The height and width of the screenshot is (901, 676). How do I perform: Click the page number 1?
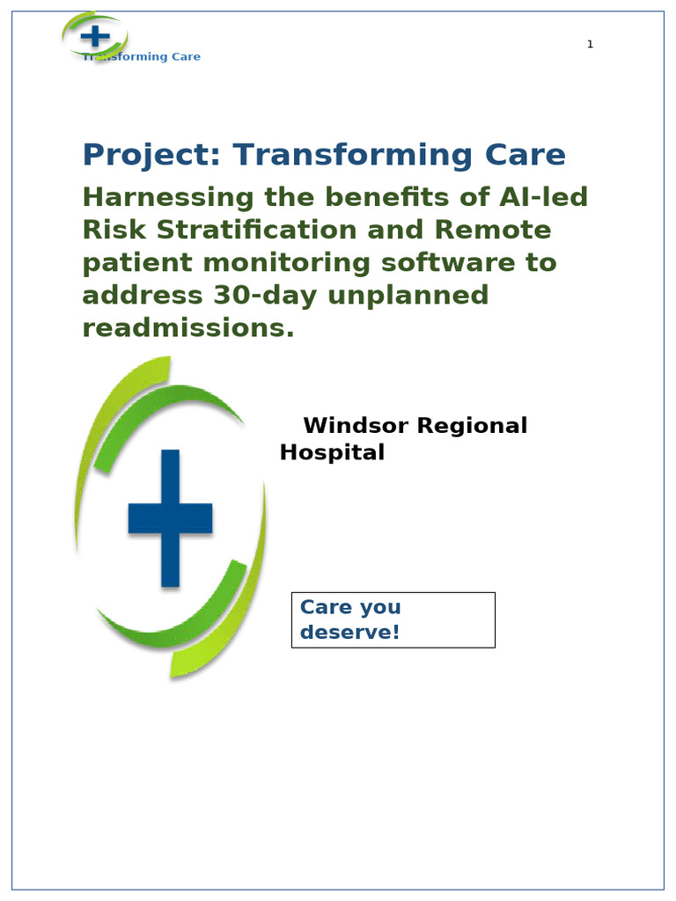point(590,44)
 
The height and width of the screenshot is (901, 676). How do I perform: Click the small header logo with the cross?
point(95,36)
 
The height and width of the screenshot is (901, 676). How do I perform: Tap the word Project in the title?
point(151,155)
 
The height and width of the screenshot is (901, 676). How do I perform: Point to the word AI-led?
point(543,197)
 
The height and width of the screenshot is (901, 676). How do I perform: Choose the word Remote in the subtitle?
point(493,230)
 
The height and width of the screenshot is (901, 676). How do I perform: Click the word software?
point(448,262)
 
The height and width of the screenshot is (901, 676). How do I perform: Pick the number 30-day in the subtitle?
point(265,297)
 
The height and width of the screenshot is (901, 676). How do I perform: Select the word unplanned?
point(408,296)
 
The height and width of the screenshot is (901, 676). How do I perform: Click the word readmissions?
point(188,328)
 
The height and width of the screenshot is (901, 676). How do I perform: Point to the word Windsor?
point(356,426)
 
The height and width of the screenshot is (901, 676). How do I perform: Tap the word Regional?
point(472,427)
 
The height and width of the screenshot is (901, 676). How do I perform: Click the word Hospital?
point(332,452)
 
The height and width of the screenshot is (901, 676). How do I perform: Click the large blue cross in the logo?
point(170,517)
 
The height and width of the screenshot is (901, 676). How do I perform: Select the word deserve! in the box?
point(349,632)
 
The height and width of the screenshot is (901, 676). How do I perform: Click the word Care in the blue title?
point(525,155)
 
